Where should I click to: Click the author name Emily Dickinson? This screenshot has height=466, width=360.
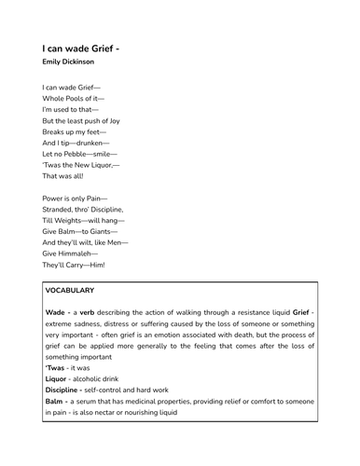point(68,62)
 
